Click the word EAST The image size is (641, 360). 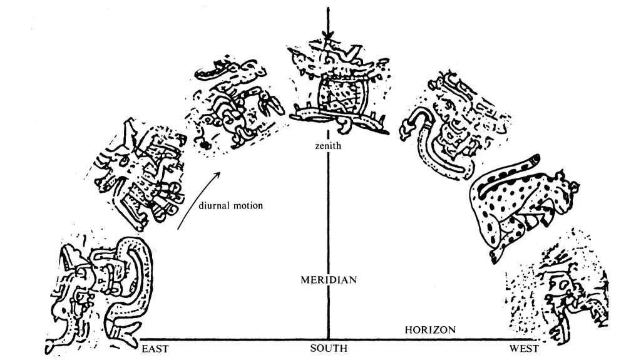click(155, 349)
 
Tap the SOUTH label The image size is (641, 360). click(329, 349)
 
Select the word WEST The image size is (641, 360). click(523, 349)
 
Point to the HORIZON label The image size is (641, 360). click(430, 329)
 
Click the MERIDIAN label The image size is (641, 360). click(329, 280)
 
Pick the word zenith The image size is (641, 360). click(327, 146)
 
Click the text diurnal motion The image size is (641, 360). click(231, 205)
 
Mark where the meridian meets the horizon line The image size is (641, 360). click(328, 339)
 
